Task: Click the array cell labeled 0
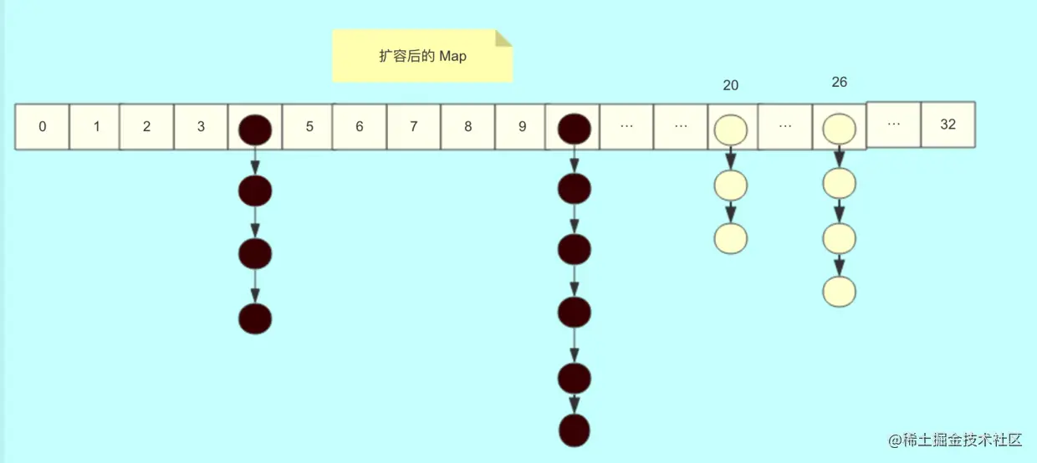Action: (x=43, y=127)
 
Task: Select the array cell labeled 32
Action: (x=948, y=125)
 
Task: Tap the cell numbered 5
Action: (x=309, y=127)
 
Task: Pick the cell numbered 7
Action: (x=414, y=127)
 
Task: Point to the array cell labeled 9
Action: (x=522, y=127)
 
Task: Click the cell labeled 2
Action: (x=147, y=127)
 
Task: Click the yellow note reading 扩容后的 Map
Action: (x=422, y=56)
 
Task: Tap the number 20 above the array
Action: (x=731, y=85)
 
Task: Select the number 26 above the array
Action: (x=840, y=82)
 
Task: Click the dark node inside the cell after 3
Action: (x=255, y=129)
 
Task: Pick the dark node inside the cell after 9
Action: (x=575, y=129)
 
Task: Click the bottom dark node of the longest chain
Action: (x=575, y=430)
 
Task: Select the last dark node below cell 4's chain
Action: (x=255, y=318)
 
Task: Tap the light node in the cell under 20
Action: (x=730, y=129)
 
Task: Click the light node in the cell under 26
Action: (x=839, y=129)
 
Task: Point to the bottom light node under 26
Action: (x=839, y=292)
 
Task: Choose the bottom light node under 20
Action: (x=730, y=239)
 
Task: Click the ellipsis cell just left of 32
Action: (x=893, y=124)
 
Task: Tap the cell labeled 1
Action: (x=96, y=127)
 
